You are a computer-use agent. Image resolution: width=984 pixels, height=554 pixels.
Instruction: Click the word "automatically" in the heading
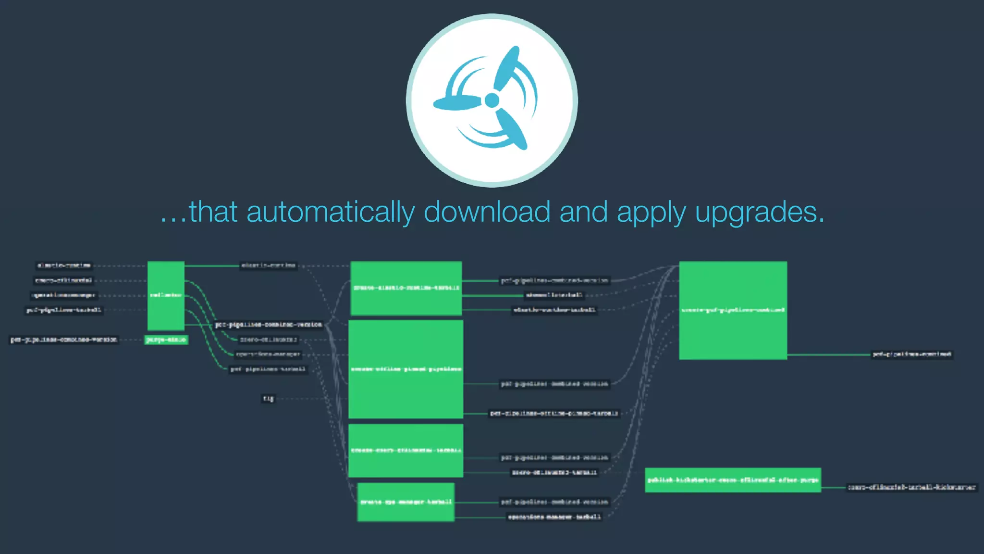(x=330, y=212)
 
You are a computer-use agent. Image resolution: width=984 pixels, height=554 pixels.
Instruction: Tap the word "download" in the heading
(x=487, y=212)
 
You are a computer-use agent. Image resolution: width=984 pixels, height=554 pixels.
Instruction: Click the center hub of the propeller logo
(x=492, y=100)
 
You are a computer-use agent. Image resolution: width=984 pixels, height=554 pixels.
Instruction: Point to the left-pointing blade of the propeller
(x=456, y=102)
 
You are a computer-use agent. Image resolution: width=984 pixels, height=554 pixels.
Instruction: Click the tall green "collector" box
(x=166, y=295)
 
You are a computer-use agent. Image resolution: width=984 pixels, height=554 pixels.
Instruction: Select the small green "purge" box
(x=166, y=340)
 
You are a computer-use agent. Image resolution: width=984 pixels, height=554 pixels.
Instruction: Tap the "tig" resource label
(x=268, y=398)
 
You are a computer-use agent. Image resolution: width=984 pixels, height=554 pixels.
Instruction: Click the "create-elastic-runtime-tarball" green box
(x=406, y=288)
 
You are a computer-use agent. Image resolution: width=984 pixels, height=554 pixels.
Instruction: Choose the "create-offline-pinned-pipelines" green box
(x=406, y=369)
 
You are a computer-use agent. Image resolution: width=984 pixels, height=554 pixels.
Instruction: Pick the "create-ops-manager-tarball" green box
(x=406, y=502)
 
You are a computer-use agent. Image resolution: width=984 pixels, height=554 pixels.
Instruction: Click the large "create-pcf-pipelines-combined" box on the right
(x=733, y=310)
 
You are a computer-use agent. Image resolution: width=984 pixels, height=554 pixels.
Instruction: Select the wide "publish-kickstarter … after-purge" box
(x=733, y=480)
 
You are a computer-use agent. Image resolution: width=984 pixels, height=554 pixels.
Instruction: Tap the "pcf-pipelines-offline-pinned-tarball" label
(x=554, y=413)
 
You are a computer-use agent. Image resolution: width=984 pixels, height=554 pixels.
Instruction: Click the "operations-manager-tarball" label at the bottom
(x=554, y=517)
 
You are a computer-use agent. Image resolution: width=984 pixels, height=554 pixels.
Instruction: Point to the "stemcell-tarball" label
(x=554, y=295)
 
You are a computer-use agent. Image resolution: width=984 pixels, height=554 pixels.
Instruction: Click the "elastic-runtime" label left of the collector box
(x=64, y=265)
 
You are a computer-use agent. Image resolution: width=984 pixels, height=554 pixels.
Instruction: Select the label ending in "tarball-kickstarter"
(x=911, y=487)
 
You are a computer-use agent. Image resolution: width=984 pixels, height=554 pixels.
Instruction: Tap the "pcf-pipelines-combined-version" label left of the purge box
(x=63, y=340)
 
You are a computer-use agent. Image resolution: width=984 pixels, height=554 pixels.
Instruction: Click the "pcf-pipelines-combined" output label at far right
(x=911, y=354)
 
